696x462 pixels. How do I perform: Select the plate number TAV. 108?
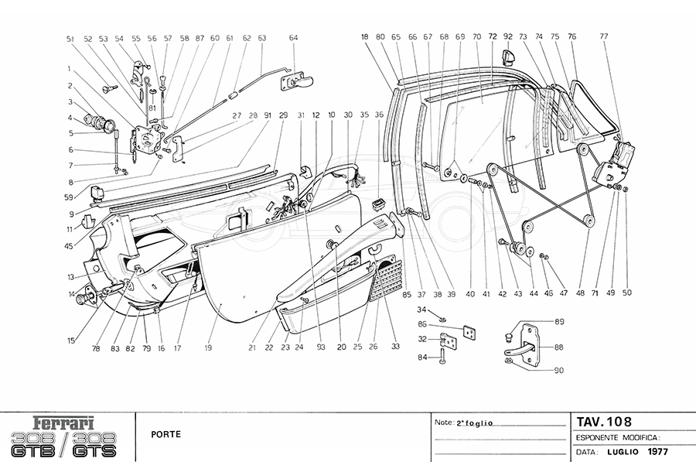[604, 422]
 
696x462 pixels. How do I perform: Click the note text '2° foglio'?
[474, 423]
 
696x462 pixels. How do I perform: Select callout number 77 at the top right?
[603, 36]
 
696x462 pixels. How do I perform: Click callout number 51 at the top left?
[70, 37]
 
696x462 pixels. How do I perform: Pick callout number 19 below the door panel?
[208, 349]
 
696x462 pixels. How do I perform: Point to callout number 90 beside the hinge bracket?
[559, 370]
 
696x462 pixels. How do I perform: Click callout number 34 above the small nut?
[432, 310]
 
